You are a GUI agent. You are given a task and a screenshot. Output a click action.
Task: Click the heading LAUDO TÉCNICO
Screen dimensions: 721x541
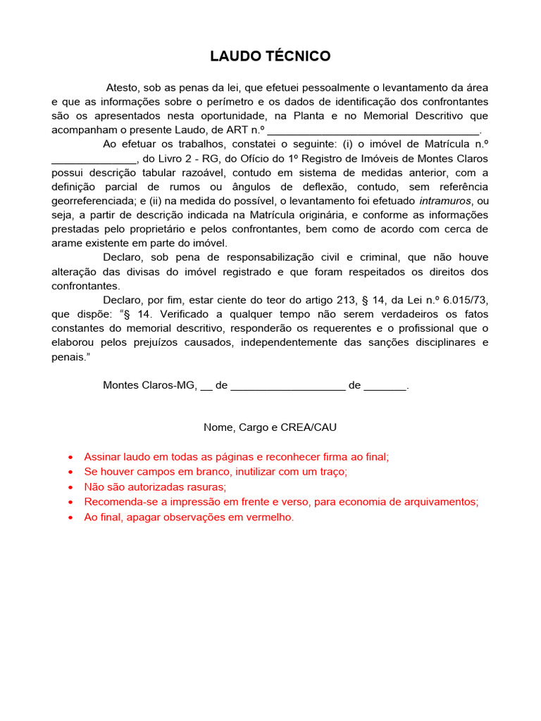pos(270,56)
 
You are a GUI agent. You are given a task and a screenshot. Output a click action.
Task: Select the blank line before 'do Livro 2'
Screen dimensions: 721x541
pos(94,159)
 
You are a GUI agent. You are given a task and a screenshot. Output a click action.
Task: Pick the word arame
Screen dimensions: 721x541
pos(68,244)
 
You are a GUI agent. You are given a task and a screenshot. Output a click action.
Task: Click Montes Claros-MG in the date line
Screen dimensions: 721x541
pos(149,386)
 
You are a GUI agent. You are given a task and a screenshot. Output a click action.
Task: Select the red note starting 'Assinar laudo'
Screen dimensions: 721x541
pos(236,456)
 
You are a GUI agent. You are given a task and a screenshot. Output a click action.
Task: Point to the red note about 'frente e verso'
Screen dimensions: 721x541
pos(281,502)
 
